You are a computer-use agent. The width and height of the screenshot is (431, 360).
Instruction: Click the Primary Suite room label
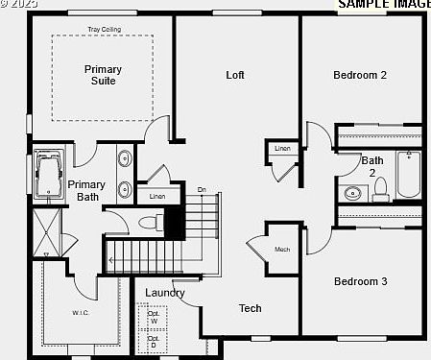(103, 75)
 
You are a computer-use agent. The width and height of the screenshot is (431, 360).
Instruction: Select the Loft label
(235, 75)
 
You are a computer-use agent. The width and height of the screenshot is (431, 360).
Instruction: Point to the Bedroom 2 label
(360, 75)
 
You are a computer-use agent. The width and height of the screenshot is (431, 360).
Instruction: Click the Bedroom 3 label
(360, 281)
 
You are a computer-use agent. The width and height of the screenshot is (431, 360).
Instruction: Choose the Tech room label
(251, 308)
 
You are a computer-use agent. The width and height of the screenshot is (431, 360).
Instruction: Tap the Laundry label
(165, 293)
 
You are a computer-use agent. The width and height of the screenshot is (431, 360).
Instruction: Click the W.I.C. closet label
(80, 312)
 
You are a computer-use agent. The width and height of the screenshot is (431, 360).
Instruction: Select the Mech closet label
(282, 250)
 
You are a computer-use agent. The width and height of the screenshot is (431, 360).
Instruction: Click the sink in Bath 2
(352, 193)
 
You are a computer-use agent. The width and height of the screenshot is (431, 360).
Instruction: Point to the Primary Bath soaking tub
(46, 176)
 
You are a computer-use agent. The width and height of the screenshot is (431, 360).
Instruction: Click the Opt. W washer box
(153, 317)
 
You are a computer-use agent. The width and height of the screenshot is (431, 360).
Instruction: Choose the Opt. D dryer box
(153, 341)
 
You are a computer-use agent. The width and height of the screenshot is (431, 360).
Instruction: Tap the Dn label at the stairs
(202, 189)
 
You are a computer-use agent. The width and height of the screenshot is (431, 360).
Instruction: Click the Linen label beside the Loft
(282, 149)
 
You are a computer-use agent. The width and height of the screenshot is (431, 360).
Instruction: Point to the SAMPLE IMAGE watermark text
(383, 5)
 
